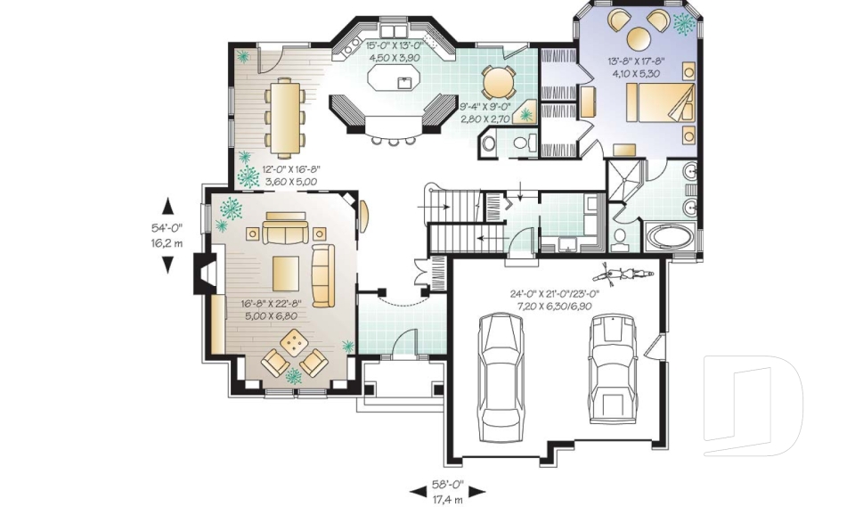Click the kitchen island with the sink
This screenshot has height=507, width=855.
click(393, 82)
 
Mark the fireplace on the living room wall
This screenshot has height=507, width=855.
click(204, 274)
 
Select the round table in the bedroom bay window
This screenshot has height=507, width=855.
click(639, 37)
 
